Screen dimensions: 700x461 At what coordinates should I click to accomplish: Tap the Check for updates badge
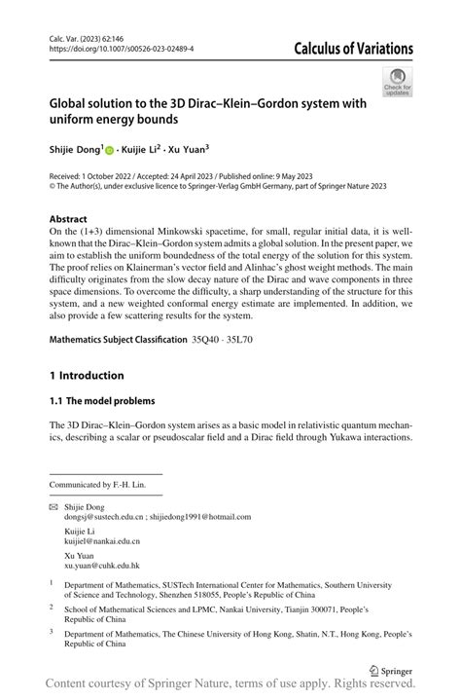(398, 82)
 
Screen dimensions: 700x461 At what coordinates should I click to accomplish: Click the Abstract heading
(69, 219)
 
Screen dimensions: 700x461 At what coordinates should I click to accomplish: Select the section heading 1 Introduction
(87, 376)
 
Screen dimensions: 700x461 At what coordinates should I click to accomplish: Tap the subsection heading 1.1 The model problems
(101, 400)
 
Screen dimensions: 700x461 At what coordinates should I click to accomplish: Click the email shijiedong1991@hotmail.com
(200, 518)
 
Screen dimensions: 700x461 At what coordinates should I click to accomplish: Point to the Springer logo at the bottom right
(390, 671)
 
